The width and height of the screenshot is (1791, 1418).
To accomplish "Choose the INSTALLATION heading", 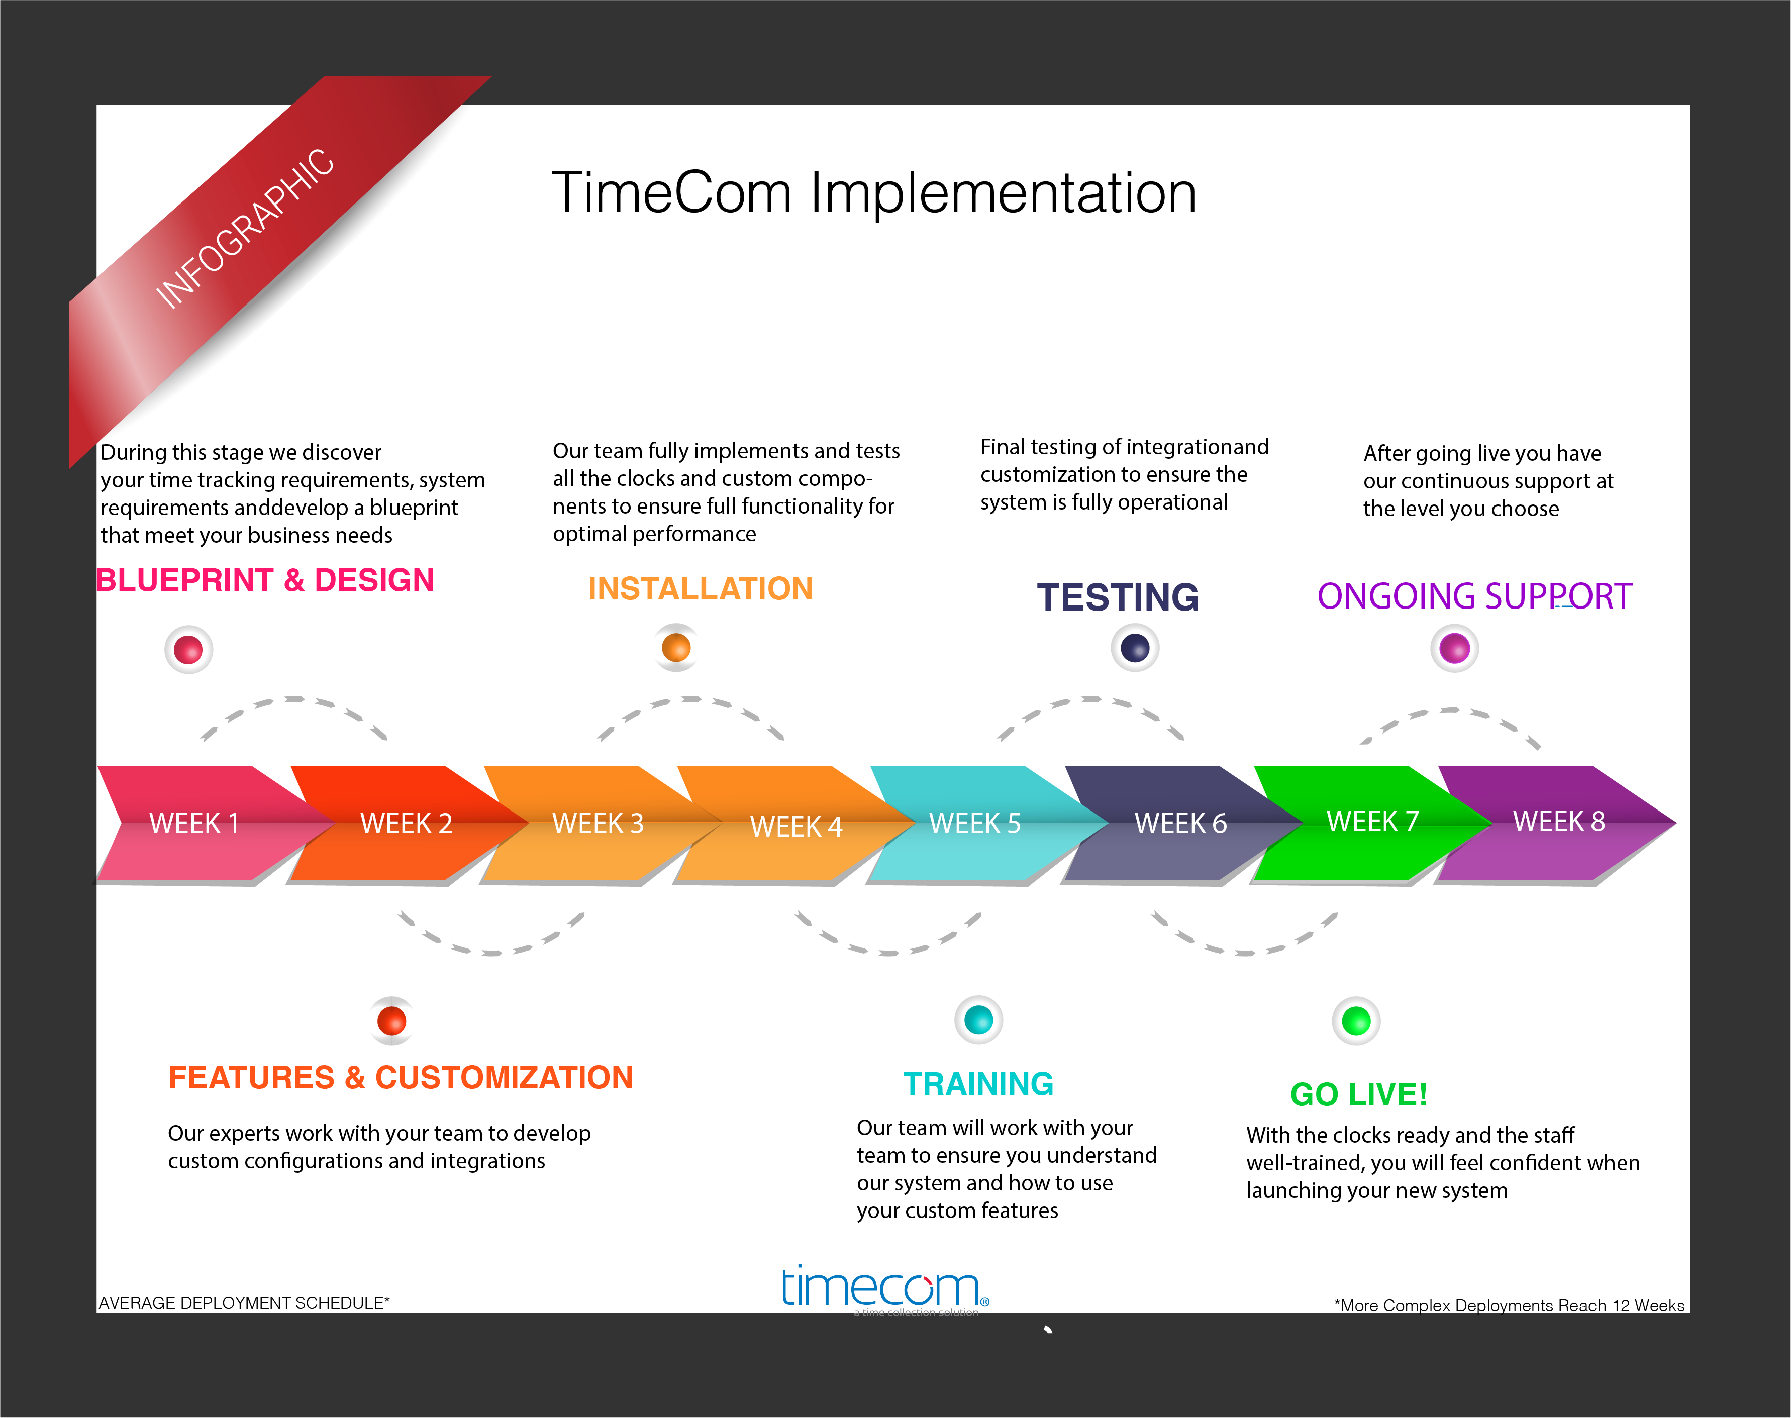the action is point(700,588).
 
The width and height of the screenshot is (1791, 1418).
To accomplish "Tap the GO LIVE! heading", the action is point(1358,1094).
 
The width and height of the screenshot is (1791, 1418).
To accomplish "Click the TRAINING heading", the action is point(978,1084).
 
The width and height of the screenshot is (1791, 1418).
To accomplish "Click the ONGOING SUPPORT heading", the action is point(1474,596).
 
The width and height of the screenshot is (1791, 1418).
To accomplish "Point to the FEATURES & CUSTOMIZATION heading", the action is point(400,1078).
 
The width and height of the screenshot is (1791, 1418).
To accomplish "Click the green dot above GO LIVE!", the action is point(1356,1021).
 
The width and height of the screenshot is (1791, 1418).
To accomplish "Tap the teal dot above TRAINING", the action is point(979,1020).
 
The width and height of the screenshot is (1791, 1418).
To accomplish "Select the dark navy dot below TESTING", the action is point(1135,648).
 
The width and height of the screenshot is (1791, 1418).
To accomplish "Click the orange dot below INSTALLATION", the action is point(676,647).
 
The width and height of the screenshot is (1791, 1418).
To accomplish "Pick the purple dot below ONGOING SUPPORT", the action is point(1455,648).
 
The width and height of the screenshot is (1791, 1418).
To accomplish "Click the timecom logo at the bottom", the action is point(885,1289).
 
